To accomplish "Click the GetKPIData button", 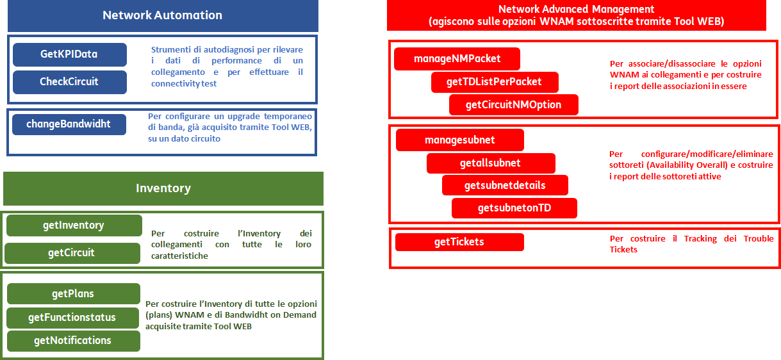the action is pyautogui.click(x=70, y=54).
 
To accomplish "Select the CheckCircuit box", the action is pyautogui.click(x=70, y=82).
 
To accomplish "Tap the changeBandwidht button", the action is pyautogui.click(x=69, y=124).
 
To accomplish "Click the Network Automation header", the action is pyautogui.click(x=163, y=15).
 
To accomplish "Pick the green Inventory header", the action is pyautogui.click(x=163, y=188).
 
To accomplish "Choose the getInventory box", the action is pyautogui.click(x=74, y=225).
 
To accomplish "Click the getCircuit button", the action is pyautogui.click(x=72, y=252).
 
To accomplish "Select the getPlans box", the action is pyautogui.click(x=74, y=293).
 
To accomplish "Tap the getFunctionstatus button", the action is pyautogui.click(x=72, y=318).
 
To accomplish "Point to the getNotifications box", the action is pyautogui.click(x=74, y=341).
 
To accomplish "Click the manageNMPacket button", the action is pyautogui.click(x=457, y=58).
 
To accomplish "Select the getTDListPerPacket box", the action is pyautogui.click(x=495, y=82).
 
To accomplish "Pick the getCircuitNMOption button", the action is pyautogui.click(x=514, y=104).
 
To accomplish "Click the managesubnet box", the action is pyautogui.click(x=460, y=140).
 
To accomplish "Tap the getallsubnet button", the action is pyautogui.click(x=491, y=163).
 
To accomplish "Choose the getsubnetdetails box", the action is pyautogui.click(x=505, y=185).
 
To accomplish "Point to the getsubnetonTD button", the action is pyautogui.click(x=514, y=208).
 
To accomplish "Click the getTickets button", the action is pyautogui.click(x=459, y=242).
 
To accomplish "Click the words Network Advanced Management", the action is pyautogui.click(x=576, y=9).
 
